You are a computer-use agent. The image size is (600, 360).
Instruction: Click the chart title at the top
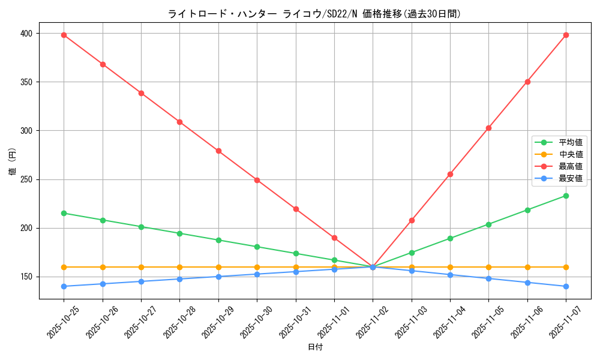tap(314, 14)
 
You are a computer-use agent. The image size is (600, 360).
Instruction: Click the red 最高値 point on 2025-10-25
tap(64, 35)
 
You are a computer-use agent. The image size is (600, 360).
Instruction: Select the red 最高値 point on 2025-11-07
tap(566, 35)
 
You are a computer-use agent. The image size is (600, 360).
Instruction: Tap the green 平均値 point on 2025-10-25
tap(64, 213)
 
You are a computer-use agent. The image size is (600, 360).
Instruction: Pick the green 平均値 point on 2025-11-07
tap(566, 196)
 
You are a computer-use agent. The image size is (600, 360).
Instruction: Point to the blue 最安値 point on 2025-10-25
tap(64, 286)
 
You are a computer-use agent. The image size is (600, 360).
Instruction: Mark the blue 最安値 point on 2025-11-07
tap(566, 286)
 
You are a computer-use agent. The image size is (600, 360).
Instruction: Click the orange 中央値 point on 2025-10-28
tap(179, 267)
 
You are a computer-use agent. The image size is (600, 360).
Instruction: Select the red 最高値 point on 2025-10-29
tap(218, 151)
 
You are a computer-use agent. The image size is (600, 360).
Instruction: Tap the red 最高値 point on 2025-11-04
tap(450, 174)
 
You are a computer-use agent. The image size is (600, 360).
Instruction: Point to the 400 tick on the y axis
tap(26, 33)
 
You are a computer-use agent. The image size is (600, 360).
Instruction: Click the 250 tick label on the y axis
tap(26, 179)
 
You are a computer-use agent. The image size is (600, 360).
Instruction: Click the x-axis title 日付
tap(314, 347)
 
